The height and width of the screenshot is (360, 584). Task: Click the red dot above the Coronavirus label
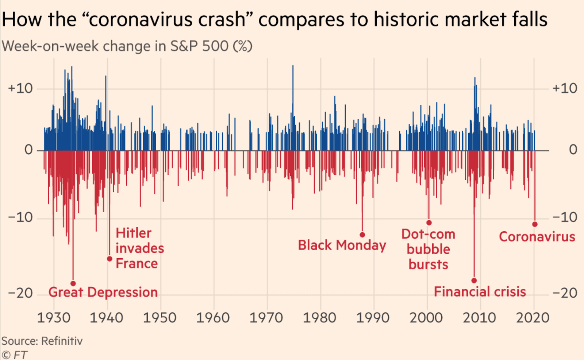pos(535,224)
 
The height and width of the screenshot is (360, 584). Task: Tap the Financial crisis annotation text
pos(480,292)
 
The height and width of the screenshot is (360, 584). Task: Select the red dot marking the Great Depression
pos(73,283)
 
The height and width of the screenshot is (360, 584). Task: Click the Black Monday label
pos(342,245)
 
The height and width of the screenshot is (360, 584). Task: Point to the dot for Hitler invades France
pos(109,259)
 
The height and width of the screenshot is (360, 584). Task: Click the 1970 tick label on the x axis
pos(266,318)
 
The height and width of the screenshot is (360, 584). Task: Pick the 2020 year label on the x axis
pos(533,318)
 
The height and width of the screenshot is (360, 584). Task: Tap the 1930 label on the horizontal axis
pos(54,318)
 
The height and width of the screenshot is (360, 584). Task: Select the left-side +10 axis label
pos(20,89)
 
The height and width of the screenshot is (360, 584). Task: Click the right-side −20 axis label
pos(565,293)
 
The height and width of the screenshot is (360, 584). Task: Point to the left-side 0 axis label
pos(28,150)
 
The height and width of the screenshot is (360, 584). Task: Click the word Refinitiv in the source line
pos(62,341)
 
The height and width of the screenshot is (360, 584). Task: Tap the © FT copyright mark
pos(14,355)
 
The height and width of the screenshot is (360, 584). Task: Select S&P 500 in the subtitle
pos(199,46)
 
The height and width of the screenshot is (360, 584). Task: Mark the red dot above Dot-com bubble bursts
pos(429,222)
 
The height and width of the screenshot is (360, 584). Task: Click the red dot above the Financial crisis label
pos(474,280)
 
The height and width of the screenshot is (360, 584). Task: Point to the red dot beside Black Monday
pos(362,235)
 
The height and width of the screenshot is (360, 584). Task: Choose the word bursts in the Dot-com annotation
pos(428,264)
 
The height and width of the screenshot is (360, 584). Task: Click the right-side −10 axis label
pos(565,218)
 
